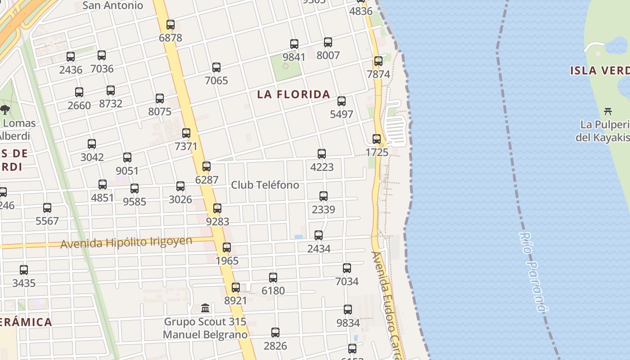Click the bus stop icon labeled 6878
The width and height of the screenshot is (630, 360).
tap(171, 25)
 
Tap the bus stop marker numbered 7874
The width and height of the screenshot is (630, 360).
tap(378, 61)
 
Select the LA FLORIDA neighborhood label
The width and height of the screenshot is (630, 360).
tap(293, 94)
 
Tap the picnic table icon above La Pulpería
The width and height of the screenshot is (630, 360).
tap(608, 111)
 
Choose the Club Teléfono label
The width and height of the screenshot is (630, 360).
tap(265, 185)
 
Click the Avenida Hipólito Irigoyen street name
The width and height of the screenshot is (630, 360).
tap(126, 243)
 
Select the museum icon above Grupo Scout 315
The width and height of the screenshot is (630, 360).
tap(206, 308)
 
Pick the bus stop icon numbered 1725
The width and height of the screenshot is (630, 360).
tap(377, 139)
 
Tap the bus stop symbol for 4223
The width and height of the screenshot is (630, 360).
tap(322, 154)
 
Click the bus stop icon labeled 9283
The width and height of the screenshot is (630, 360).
tap(217, 208)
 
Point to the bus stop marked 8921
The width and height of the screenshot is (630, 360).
tap(235, 288)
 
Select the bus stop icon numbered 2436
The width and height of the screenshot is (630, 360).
tap(71, 57)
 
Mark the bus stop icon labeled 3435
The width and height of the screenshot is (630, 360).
tap(24, 270)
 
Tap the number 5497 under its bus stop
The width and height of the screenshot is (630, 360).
tap(342, 114)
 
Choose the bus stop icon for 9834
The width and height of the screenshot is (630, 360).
tap(348, 310)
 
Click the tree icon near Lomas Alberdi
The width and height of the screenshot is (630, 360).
tap(5, 109)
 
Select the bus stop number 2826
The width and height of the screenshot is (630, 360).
tap(275, 346)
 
